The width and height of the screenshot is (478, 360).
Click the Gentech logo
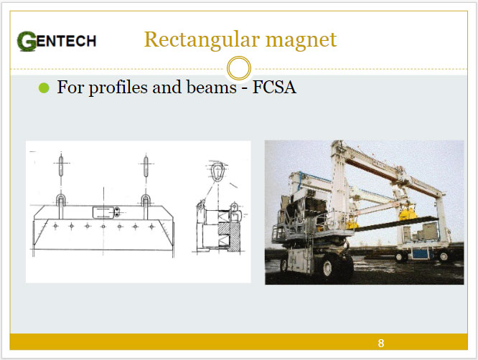click(x=57, y=41)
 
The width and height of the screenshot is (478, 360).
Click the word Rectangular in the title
click(x=202, y=40)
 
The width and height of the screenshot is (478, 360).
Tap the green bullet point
click(x=44, y=88)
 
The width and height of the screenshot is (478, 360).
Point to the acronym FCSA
click(x=274, y=87)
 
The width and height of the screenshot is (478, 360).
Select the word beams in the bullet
click(x=211, y=87)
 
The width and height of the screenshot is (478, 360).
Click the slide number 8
click(x=381, y=344)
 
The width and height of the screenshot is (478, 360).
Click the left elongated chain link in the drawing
click(x=61, y=166)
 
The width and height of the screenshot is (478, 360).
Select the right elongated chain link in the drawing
click(x=146, y=166)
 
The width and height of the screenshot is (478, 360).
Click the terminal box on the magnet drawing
click(x=103, y=212)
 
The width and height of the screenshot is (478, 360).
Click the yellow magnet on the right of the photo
click(x=408, y=214)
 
